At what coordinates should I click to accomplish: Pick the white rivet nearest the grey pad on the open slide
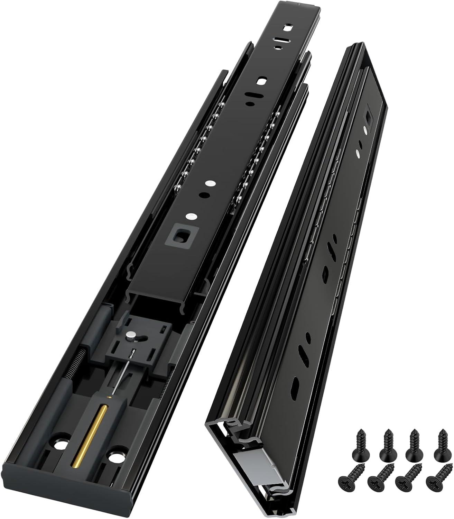coord(189,217)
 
